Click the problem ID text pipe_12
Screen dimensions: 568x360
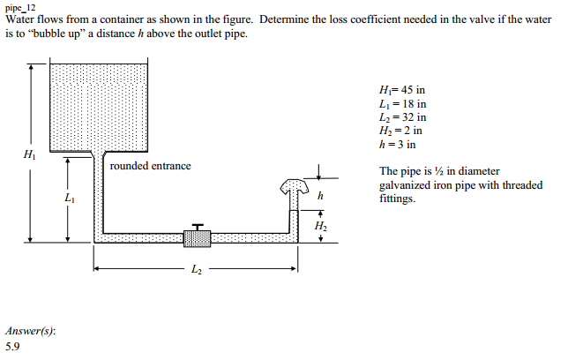[x=20, y=7]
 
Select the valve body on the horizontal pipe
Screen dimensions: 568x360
[x=197, y=239]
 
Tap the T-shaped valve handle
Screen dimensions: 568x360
[x=198, y=227]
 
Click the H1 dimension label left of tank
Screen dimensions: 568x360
[x=30, y=154]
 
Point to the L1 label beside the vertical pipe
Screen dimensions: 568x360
[x=70, y=198]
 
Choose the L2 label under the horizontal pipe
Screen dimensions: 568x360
[x=197, y=269]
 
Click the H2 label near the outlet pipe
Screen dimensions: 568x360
[x=320, y=226]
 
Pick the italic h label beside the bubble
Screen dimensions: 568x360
[x=320, y=196]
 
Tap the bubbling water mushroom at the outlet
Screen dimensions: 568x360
[x=295, y=186]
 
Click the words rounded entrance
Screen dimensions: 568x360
[x=150, y=166]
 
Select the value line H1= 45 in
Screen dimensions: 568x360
[x=402, y=90]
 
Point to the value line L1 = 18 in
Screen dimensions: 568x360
[x=403, y=104]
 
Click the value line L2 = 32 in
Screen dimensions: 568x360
[x=403, y=117]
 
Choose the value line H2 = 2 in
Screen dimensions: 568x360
[x=400, y=131]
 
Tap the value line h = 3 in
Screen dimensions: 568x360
[x=398, y=145]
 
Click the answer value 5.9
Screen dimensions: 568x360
[x=12, y=347]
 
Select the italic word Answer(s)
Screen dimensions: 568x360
[x=30, y=331]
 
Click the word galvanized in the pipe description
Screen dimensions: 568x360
[x=402, y=185]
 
